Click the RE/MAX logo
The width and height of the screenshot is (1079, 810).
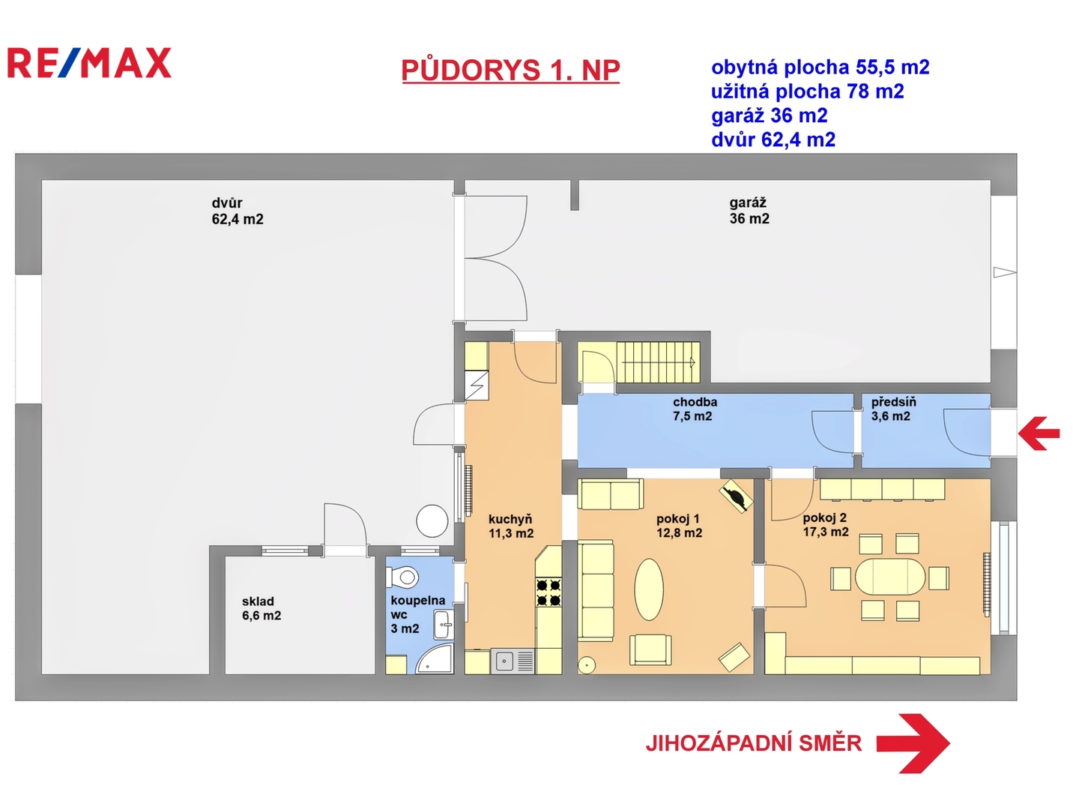[x=89, y=63]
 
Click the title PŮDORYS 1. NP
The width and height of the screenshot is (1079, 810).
[x=510, y=70]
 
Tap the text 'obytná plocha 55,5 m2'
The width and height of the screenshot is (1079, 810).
[x=820, y=67]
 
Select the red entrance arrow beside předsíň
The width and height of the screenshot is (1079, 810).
[x=1039, y=433]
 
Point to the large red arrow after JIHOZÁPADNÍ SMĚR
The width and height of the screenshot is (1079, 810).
[x=913, y=743]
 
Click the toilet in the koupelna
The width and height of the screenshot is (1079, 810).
[x=402, y=577]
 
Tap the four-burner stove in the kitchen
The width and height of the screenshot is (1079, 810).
[x=548, y=592]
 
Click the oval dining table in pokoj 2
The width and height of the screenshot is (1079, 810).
[x=889, y=577]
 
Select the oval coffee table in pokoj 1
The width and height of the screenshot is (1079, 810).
[x=649, y=589]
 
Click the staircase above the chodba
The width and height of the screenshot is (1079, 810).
[x=658, y=361]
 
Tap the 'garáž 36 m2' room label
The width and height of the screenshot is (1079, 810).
[x=749, y=211]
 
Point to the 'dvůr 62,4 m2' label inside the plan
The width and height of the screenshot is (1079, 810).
[x=238, y=211]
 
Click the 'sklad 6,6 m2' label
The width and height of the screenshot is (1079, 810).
[x=262, y=607]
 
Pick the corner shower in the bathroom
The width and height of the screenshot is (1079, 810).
[x=435, y=658]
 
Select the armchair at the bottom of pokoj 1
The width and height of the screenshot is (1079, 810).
[x=650, y=649]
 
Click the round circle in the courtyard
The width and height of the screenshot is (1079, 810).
[x=432, y=520]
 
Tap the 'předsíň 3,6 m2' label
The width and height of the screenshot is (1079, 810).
[x=893, y=409]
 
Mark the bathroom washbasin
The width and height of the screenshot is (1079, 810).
[x=444, y=625]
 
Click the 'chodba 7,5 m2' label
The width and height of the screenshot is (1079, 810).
[x=695, y=409]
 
